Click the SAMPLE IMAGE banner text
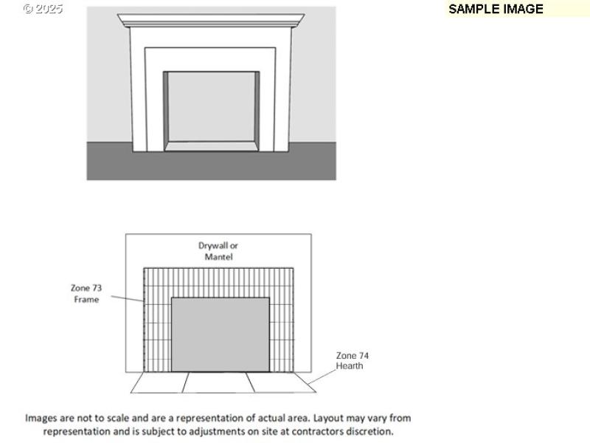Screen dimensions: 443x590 (x=496, y=9)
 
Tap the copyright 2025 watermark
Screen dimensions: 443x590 (x=43, y=9)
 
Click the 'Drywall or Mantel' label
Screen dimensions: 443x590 (x=218, y=251)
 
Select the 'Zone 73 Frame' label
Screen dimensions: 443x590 (x=86, y=294)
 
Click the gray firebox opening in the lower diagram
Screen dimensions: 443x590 (x=220, y=334)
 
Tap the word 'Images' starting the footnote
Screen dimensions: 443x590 (x=41, y=418)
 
